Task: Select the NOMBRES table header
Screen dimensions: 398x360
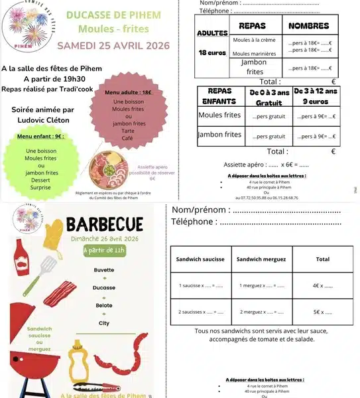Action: tap(309, 26)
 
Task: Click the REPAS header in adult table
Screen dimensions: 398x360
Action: tap(252, 26)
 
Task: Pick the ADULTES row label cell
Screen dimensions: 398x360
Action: tap(212, 33)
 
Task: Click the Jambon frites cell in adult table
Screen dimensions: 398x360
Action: tap(255, 66)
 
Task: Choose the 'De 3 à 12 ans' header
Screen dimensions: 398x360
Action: tap(316, 97)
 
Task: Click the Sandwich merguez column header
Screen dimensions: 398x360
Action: tap(261, 259)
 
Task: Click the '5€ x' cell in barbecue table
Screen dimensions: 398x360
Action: tap(322, 312)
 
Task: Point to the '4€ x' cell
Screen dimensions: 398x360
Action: tap(322, 285)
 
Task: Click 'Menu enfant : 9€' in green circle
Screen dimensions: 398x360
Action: tap(41, 136)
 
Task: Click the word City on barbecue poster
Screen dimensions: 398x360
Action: tap(104, 323)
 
